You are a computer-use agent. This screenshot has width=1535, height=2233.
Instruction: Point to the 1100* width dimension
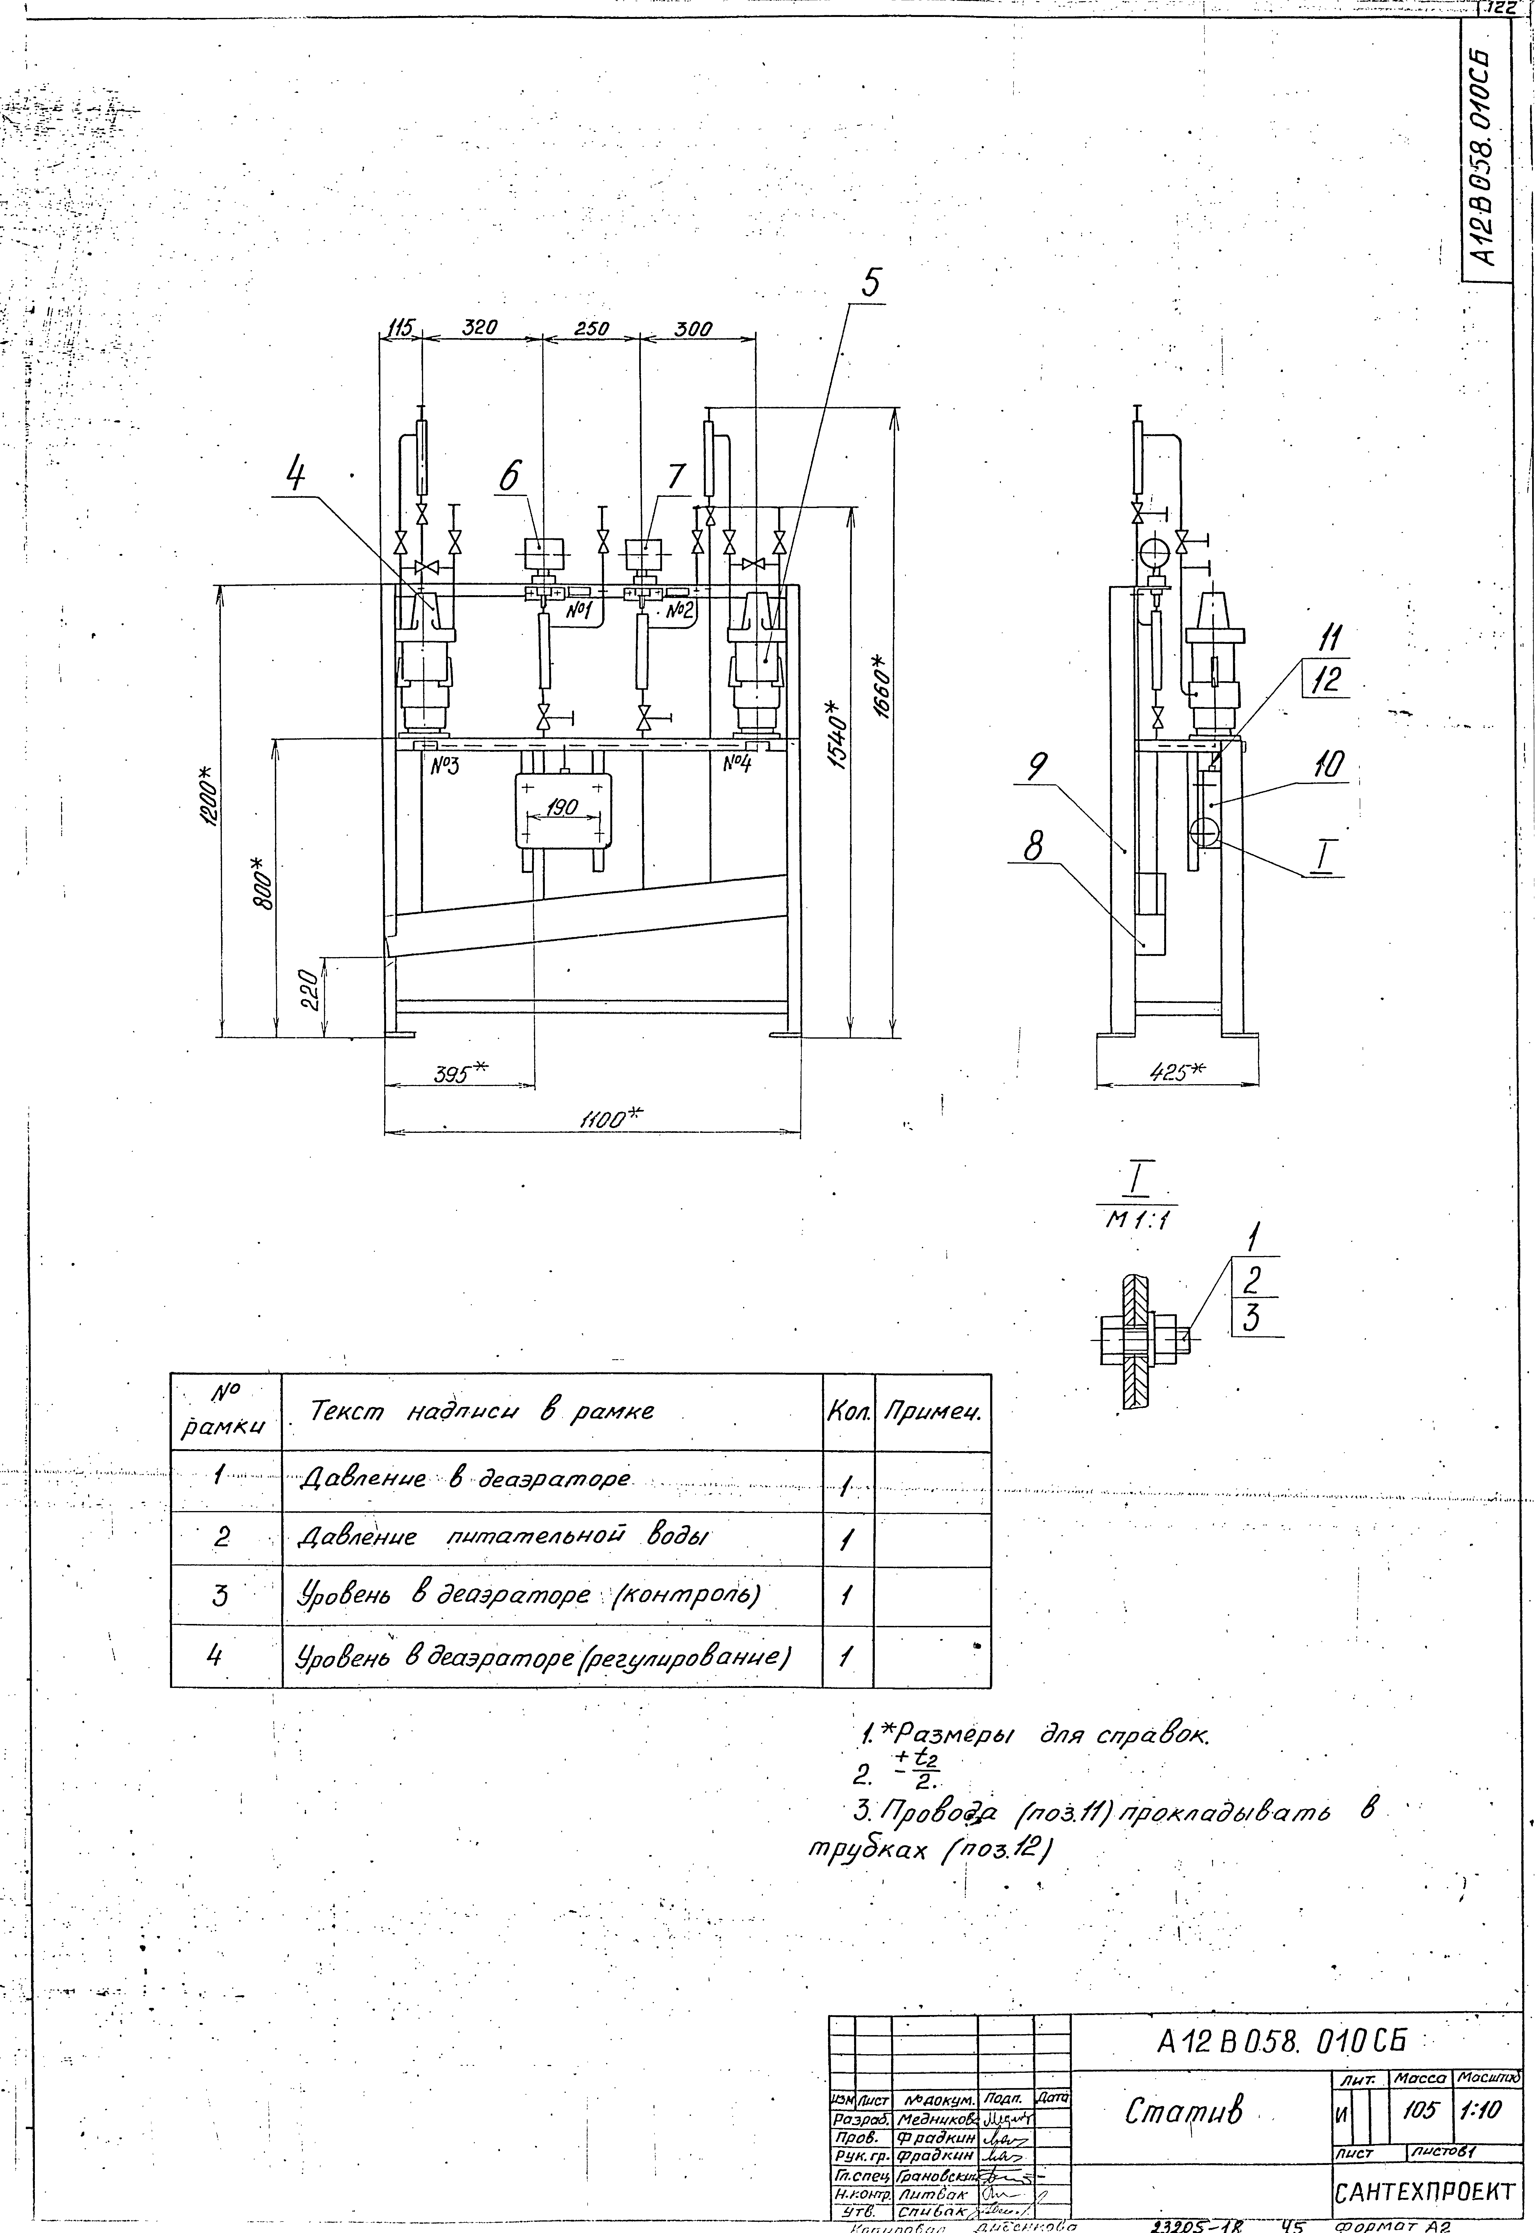(x=610, y=1119)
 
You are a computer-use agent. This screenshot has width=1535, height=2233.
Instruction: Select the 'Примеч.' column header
(x=932, y=1413)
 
